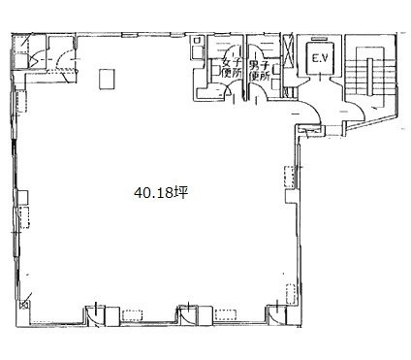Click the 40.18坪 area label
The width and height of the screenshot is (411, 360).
(161, 193)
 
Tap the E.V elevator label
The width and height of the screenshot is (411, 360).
(320, 58)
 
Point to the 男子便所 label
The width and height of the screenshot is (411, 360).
(260, 71)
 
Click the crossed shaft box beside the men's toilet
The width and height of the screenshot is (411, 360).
(288, 50)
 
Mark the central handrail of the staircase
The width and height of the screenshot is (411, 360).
(370, 77)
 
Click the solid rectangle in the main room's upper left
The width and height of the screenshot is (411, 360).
(107, 80)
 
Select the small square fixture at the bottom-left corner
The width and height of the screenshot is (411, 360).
(24, 305)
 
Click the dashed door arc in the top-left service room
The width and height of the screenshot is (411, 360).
(61, 60)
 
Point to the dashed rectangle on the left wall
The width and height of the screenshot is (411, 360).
(24, 217)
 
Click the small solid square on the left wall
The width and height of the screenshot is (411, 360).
(22, 197)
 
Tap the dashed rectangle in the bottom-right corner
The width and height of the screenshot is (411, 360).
(291, 293)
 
